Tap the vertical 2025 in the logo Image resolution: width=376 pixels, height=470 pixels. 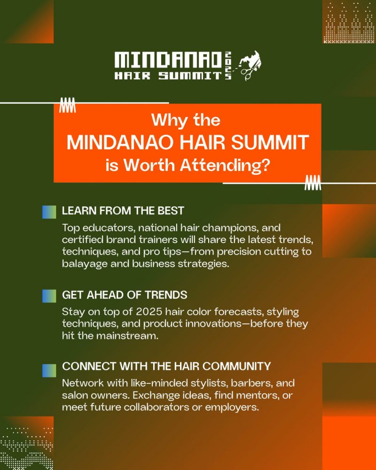(x=228, y=66)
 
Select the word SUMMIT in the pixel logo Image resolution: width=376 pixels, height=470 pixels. (x=190, y=76)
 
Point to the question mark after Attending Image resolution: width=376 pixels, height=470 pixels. (x=264, y=165)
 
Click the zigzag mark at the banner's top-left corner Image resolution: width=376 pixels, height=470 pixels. (x=68, y=105)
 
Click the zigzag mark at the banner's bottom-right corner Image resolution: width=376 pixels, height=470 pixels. (x=313, y=183)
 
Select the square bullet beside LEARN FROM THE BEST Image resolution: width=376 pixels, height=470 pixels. (x=49, y=212)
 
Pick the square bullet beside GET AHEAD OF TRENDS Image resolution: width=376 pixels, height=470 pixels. (x=49, y=296)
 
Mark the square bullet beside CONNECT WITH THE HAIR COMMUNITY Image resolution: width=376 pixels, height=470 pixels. (x=49, y=370)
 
